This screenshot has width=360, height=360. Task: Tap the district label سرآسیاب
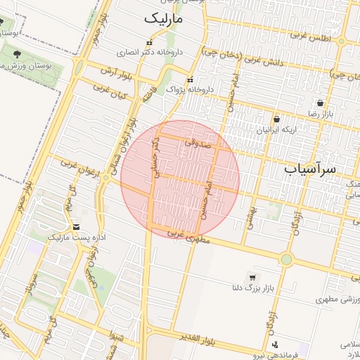311,169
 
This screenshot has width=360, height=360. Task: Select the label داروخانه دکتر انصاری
150,52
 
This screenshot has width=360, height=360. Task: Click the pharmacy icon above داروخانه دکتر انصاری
148,39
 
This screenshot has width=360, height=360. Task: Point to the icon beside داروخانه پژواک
192,79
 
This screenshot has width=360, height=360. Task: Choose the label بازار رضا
321,113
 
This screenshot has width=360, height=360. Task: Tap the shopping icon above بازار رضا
320,102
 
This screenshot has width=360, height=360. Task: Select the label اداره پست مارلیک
76,238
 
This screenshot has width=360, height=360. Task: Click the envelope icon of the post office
76,226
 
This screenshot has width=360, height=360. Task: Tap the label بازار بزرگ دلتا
252,288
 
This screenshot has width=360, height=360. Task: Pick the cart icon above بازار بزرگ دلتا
252,276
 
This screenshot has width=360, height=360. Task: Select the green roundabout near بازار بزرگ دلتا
286,259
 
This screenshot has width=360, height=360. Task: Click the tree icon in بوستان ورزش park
15,53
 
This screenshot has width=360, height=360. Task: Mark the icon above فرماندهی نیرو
275,345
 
